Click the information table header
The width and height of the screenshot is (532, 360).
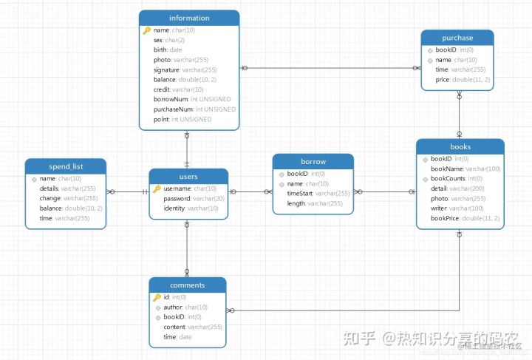189,18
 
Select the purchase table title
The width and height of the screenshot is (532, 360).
457,38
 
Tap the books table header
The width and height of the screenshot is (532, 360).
460,146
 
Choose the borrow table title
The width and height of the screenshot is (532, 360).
313,161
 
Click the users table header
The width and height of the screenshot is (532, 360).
188,177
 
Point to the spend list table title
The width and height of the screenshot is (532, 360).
66,166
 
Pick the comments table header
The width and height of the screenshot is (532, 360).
187,285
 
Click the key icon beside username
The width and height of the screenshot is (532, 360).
157,189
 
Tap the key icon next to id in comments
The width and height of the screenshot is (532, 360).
157,297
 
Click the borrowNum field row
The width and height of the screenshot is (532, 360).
192,99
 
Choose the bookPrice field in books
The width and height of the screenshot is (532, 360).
465,218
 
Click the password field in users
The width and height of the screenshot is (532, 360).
194,198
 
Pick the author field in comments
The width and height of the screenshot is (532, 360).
185,307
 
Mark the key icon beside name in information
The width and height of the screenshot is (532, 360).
146,30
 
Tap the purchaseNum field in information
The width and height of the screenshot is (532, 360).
194,109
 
